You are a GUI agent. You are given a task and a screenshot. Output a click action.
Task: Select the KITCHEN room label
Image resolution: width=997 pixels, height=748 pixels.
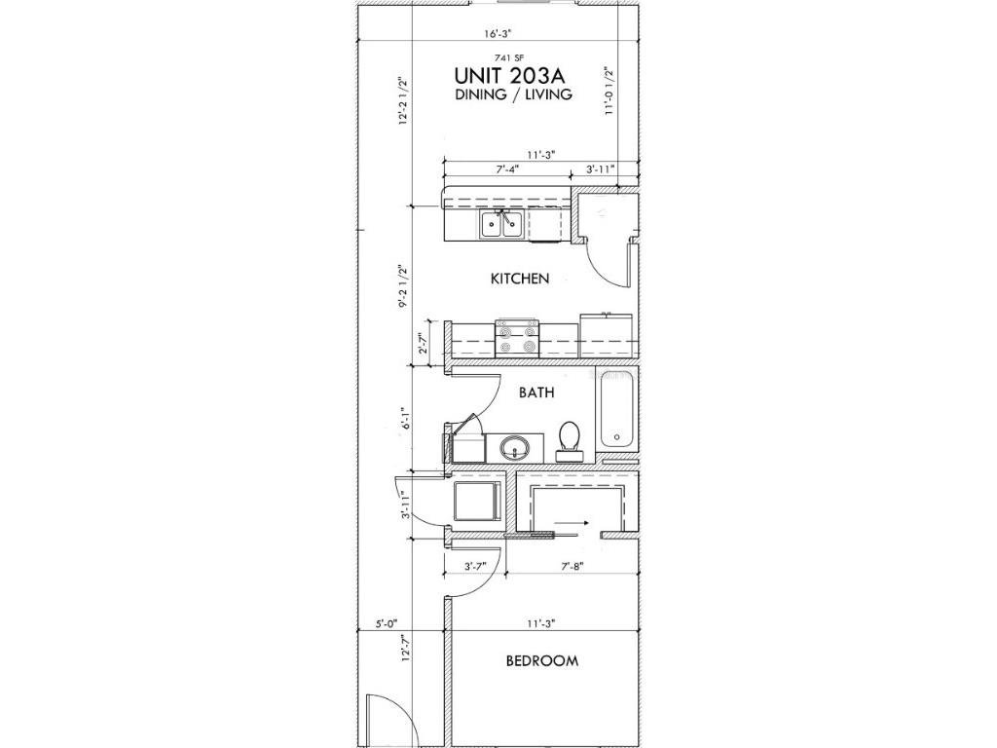(x=519, y=279)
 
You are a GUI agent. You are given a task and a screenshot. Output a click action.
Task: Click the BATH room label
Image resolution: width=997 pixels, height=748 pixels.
(x=536, y=393)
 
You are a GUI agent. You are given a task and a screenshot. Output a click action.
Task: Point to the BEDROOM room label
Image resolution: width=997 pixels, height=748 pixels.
(x=541, y=660)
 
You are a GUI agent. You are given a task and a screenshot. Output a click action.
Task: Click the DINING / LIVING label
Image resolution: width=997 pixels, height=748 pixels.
(x=512, y=95)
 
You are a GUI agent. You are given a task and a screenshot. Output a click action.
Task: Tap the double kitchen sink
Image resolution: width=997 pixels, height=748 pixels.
(x=501, y=225)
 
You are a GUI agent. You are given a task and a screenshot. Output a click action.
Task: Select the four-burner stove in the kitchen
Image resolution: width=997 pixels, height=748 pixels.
(x=517, y=338)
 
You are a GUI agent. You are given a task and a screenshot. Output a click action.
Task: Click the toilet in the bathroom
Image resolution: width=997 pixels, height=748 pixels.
(x=569, y=440)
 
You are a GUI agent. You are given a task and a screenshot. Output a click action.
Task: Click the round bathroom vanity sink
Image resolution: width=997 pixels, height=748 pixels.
(x=513, y=448)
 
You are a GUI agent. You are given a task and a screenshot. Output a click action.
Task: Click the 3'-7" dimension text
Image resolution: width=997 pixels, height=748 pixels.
(x=475, y=565)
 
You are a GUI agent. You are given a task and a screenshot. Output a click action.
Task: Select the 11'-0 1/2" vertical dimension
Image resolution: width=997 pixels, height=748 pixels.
(x=609, y=91)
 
